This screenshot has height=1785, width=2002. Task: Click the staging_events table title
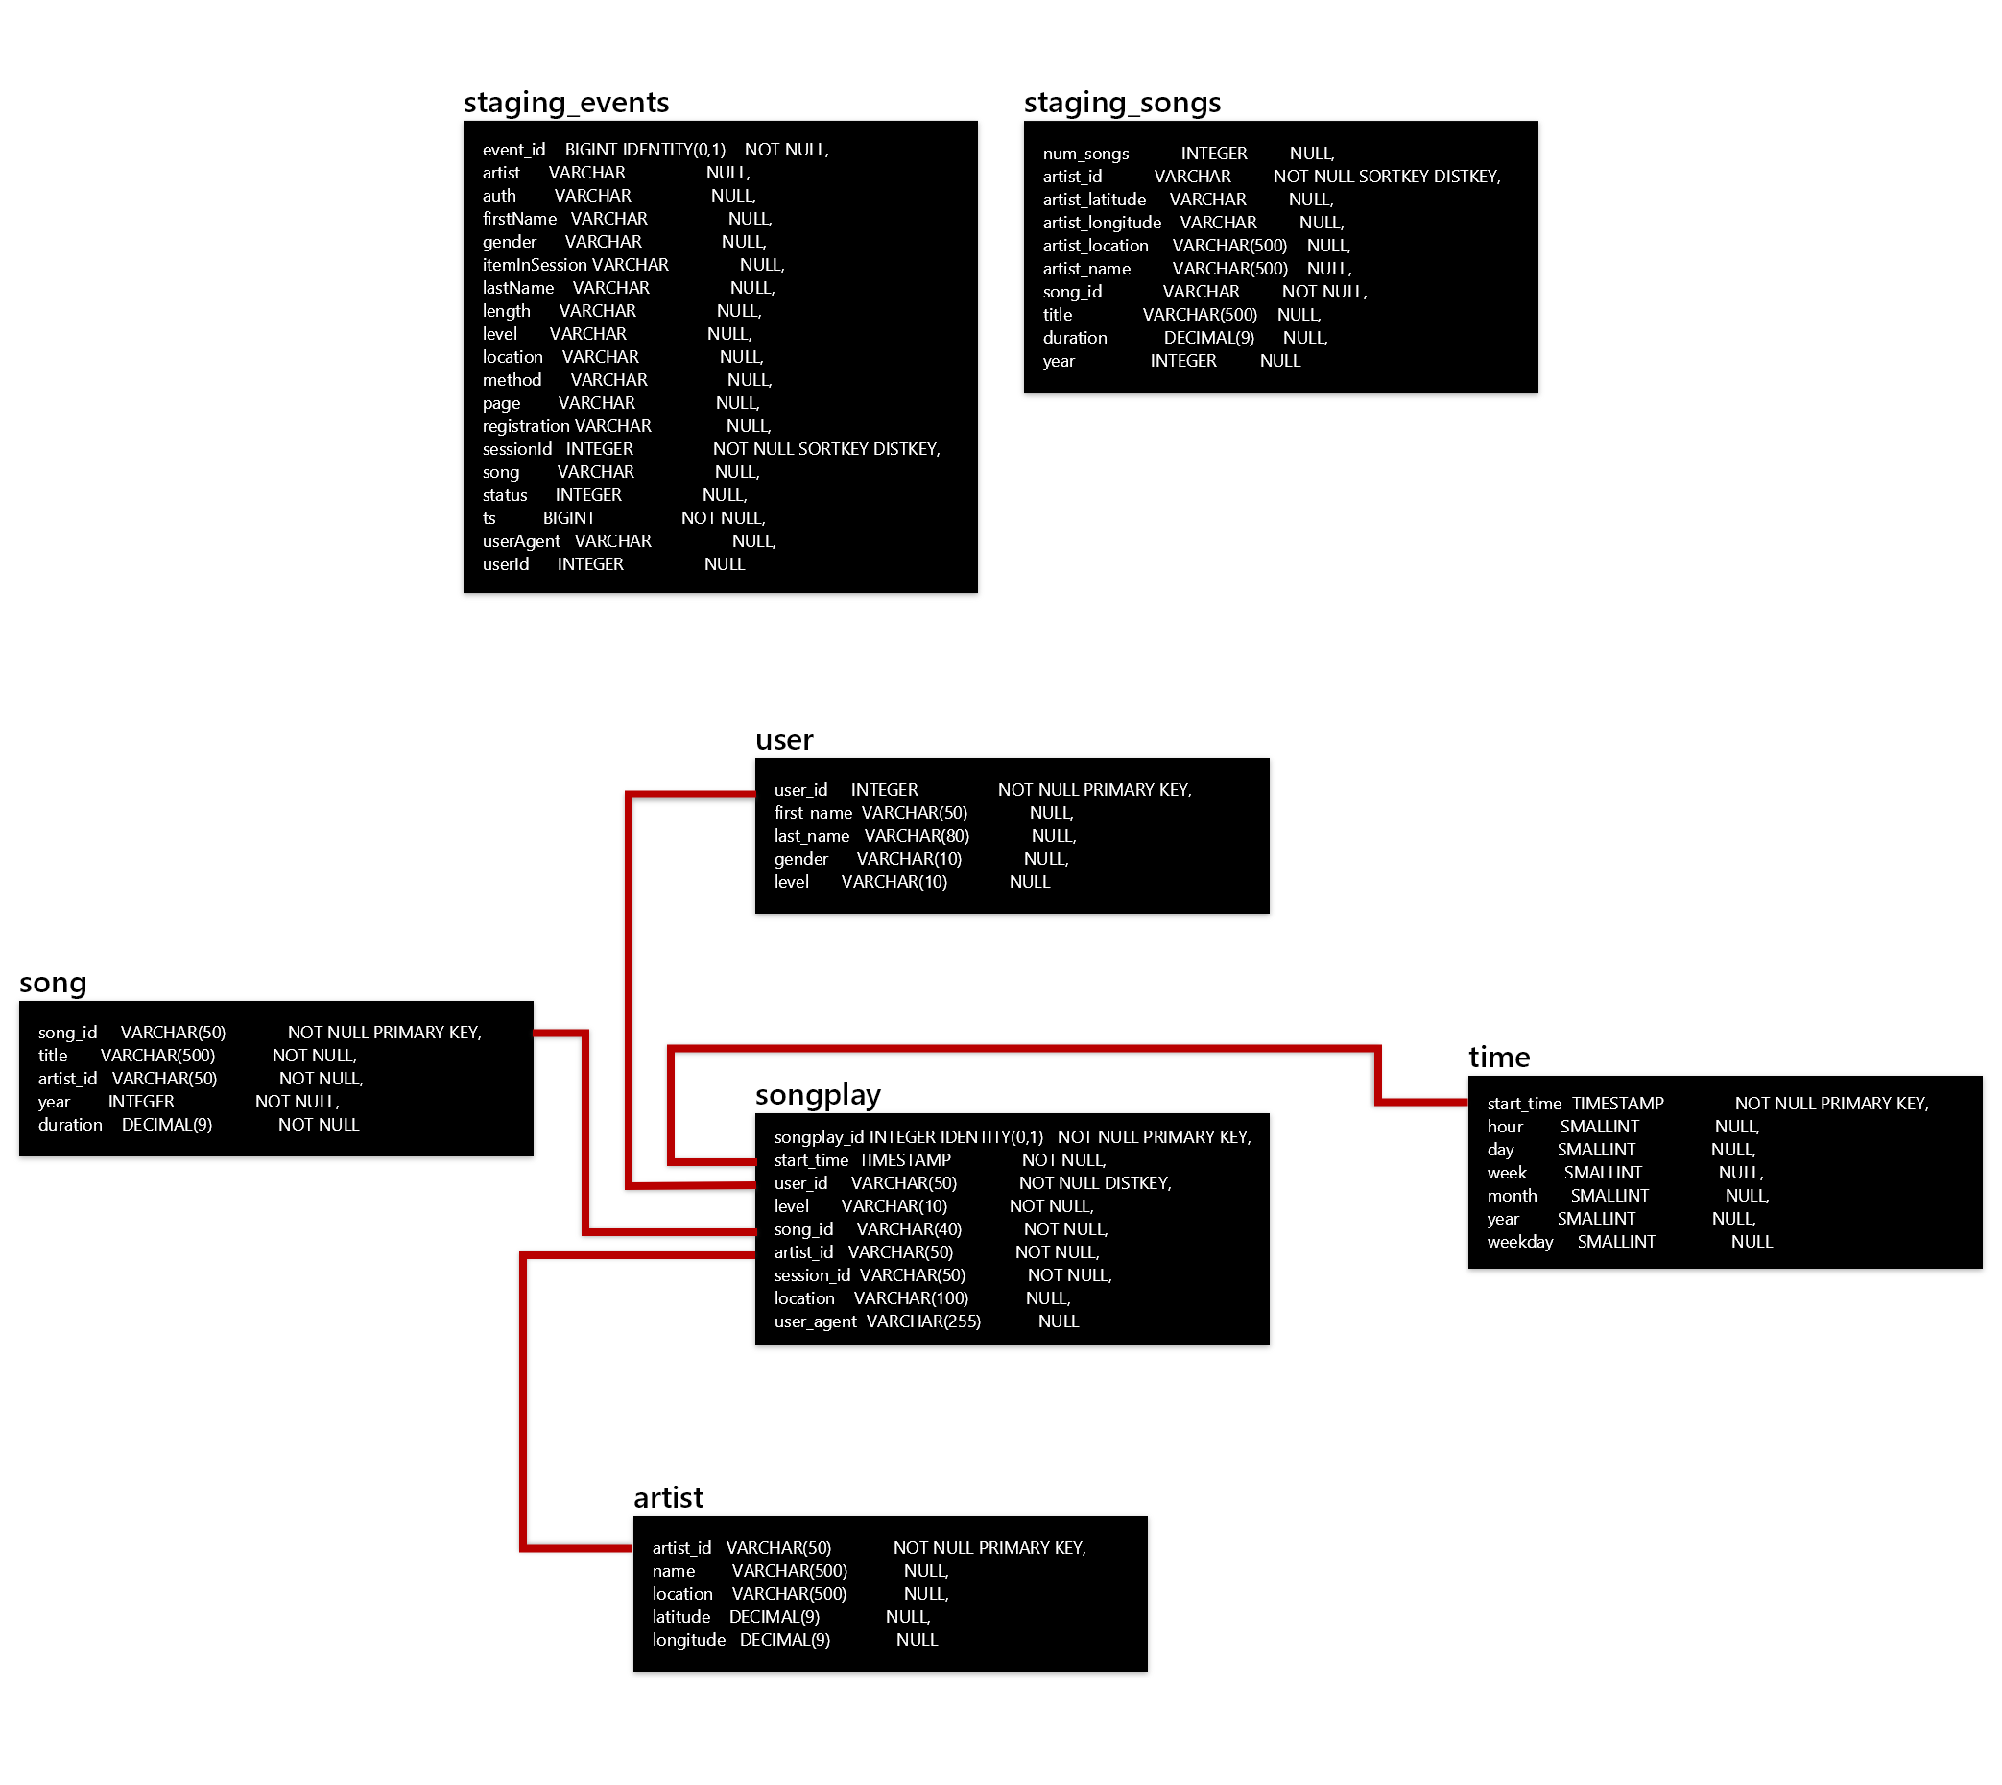[566, 102]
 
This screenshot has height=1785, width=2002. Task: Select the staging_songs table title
[1121, 102]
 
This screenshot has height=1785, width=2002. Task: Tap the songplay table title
[817, 1094]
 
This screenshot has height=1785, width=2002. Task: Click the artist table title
[668, 1497]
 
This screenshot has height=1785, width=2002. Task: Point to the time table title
[1498, 1057]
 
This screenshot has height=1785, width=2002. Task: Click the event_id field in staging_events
[513, 150]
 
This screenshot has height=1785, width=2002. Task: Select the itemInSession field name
[534, 265]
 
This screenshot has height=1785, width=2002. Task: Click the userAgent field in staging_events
[521, 541]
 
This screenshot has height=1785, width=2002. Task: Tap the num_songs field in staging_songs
[1084, 154]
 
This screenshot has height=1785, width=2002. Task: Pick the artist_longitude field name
[1101, 223]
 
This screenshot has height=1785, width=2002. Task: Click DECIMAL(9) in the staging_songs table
[1208, 338]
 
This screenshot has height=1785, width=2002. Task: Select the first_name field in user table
[812, 813]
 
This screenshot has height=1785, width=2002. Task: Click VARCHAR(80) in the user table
[917, 836]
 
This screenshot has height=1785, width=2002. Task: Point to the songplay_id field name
[818, 1136]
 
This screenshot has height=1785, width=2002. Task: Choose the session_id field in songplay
[811, 1275]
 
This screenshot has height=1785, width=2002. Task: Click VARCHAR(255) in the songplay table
[923, 1321]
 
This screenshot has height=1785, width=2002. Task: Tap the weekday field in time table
[1519, 1242]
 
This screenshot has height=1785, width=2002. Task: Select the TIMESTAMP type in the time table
[1617, 1104]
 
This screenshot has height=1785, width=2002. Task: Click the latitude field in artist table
[680, 1616]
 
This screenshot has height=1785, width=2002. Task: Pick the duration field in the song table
[70, 1125]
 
